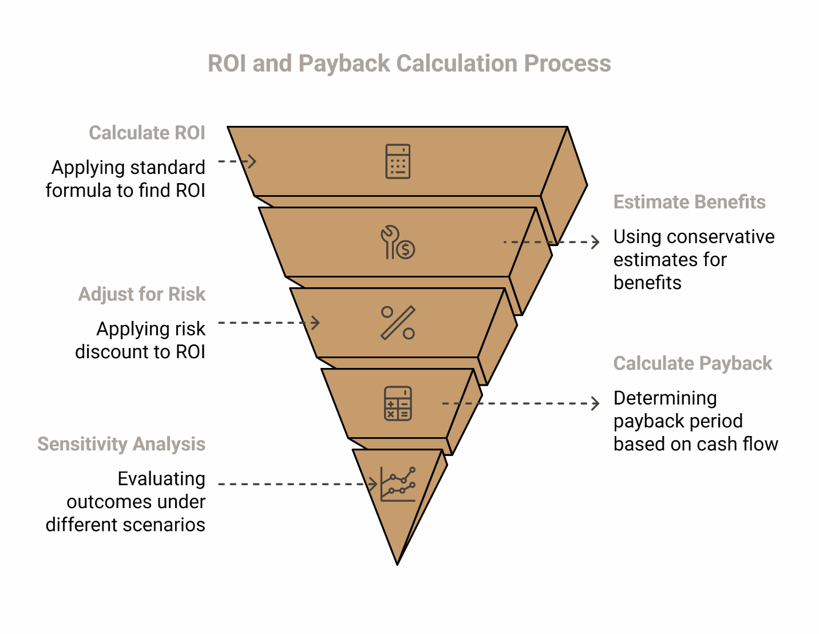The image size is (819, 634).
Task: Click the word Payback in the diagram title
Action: [x=344, y=64]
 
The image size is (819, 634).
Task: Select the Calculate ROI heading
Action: [x=147, y=133]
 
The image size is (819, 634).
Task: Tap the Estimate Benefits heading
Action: [x=689, y=202]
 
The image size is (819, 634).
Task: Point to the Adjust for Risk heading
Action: [x=142, y=294]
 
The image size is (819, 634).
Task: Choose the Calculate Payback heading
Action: [x=693, y=363]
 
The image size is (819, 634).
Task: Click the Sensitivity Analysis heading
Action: [x=121, y=444]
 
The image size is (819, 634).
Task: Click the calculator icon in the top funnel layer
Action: [x=398, y=161]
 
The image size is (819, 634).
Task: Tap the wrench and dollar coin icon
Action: [x=398, y=242]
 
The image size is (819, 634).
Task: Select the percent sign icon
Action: [x=398, y=323]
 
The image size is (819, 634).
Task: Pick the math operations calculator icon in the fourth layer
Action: [x=398, y=403]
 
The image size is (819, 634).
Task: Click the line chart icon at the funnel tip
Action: [x=398, y=484]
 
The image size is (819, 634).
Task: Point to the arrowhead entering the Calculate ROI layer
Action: [x=252, y=161]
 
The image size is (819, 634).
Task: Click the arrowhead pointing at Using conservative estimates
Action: [x=596, y=242]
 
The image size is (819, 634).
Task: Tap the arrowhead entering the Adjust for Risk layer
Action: [x=316, y=323]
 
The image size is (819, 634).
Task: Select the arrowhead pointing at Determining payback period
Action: [x=596, y=403]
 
